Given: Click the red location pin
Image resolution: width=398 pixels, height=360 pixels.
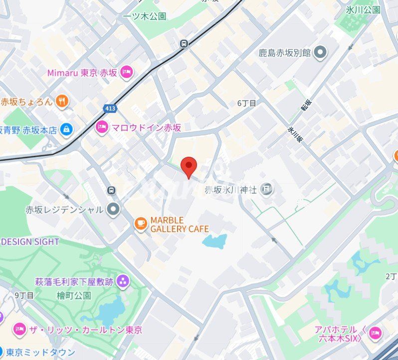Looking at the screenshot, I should pos(188,166).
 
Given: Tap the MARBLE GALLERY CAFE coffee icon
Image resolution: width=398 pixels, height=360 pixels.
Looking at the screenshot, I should pos(141,224).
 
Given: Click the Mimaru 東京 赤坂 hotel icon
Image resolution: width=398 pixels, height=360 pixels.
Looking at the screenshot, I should pos(126,72).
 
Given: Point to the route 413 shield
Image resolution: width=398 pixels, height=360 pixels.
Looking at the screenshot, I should pos(110,108).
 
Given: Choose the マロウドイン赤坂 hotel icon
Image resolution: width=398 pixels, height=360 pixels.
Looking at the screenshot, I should pos(102,127).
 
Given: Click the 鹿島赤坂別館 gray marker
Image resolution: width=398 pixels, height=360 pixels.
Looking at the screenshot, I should pos(320,51).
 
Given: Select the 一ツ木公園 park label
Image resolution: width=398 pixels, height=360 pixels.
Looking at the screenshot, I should pos(145,16).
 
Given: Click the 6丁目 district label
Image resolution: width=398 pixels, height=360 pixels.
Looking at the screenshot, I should pos(246,103).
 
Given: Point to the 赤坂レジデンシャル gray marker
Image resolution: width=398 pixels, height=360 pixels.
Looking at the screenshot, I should pos(114,209).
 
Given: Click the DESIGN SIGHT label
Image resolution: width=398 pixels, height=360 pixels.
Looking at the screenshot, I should pos(30,242).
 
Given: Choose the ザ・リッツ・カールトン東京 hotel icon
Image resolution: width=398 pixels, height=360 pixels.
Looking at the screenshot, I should pos(19,330).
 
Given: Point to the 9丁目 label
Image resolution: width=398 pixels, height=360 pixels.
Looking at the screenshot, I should pos(24,295).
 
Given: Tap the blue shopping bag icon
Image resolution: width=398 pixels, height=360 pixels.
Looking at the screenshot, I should pos(66,130).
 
